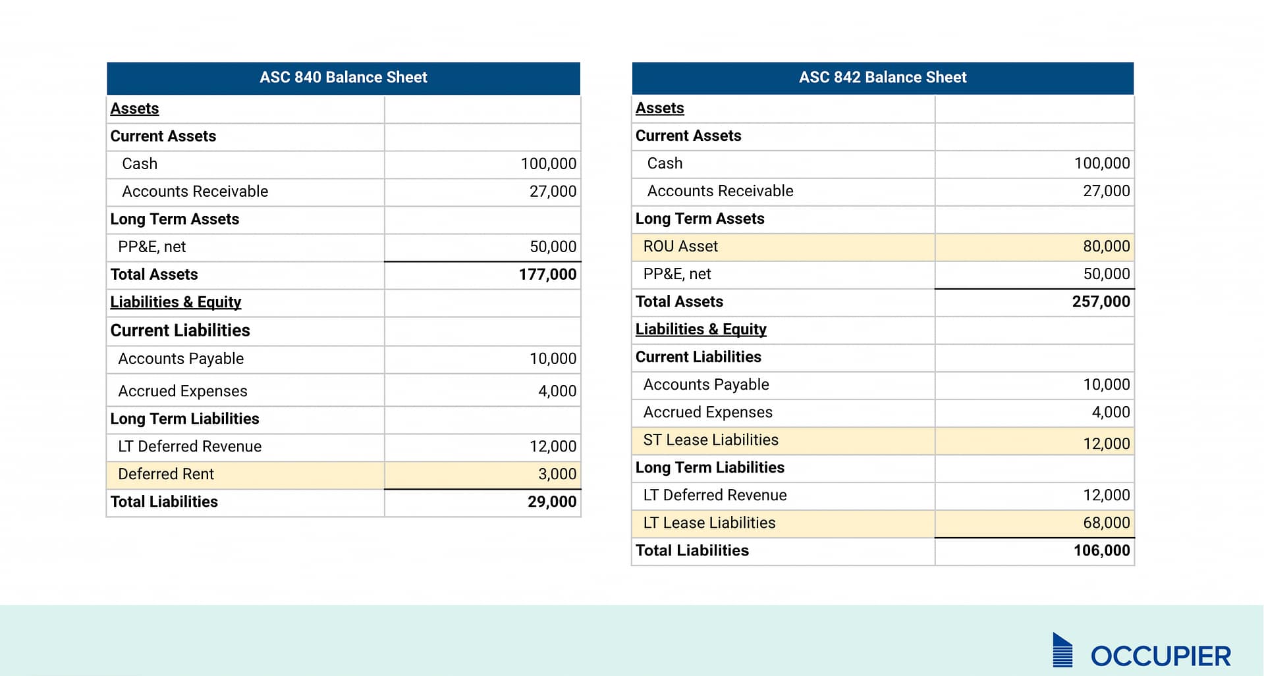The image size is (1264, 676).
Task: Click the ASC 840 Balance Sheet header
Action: coord(343,78)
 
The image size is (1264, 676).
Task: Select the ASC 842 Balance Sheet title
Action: coord(882,78)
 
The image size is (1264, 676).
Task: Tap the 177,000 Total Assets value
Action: coord(547,274)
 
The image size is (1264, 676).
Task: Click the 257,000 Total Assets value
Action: coord(1101,301)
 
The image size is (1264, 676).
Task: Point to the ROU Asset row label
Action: coord(680,246)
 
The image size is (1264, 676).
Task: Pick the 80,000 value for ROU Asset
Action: coord(1106,246)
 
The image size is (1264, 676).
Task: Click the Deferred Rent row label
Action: coord(166,474)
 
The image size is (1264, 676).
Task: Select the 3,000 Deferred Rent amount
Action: coord(557,474)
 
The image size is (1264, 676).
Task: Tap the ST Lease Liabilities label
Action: coord(710,440)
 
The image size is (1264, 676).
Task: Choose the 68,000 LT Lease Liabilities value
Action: coord(1106,523)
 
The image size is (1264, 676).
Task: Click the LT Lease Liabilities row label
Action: coord(709,523)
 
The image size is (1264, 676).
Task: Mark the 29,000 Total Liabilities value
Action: coord(551,502)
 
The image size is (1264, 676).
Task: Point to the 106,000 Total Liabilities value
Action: coord(1101,550)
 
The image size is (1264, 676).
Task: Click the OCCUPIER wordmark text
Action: coord(1161,656)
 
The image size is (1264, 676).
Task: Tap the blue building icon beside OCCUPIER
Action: coord(1062,650)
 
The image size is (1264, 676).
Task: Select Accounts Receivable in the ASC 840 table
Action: coord(195,192)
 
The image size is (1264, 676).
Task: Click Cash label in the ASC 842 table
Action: coord(665,163)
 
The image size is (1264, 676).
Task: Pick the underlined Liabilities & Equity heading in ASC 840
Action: coord(175,302)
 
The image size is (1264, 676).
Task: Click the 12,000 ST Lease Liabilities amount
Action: coord(1106,444)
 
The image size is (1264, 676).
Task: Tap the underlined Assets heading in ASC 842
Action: coord(659,108)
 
